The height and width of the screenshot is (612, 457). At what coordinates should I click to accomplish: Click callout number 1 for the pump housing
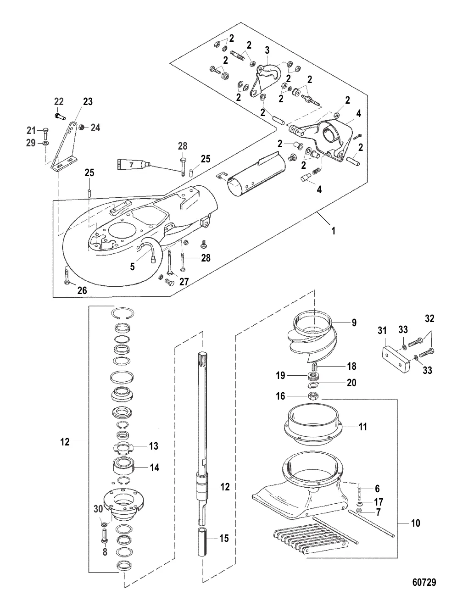coord(334,232)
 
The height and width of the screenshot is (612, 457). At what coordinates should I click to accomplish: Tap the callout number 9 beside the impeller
coord(354,323)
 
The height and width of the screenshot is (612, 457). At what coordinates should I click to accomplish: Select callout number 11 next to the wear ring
coord(363,427)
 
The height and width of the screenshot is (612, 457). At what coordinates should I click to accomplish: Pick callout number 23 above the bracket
coord(87,102)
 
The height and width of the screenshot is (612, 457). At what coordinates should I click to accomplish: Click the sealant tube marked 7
coord(133,163)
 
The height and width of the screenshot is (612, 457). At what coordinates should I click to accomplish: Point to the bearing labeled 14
coord(123,468)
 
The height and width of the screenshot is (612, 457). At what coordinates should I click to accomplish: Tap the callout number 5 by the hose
coord(132,266)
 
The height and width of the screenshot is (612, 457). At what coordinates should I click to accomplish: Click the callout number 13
coord(154,446)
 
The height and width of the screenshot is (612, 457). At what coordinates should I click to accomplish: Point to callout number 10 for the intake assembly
coord(415,523)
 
